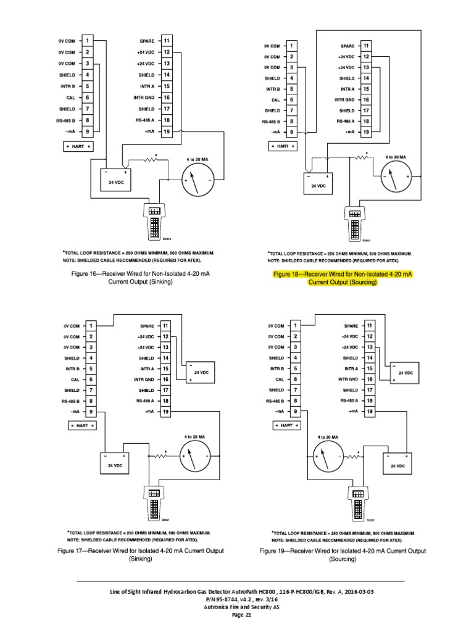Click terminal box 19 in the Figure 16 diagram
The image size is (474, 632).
(167, 131)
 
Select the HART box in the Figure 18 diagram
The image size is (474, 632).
(281, 146)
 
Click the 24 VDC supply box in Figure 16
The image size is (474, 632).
(115, 179)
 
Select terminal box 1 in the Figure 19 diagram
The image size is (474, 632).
(295, 326)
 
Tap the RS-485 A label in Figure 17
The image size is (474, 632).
(145, 401)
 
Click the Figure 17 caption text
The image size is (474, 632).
(140, 554)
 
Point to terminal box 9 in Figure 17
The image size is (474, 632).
(91, 412)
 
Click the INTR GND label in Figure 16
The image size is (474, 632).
(145, 98)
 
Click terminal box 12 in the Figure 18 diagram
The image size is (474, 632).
(367, 56)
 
